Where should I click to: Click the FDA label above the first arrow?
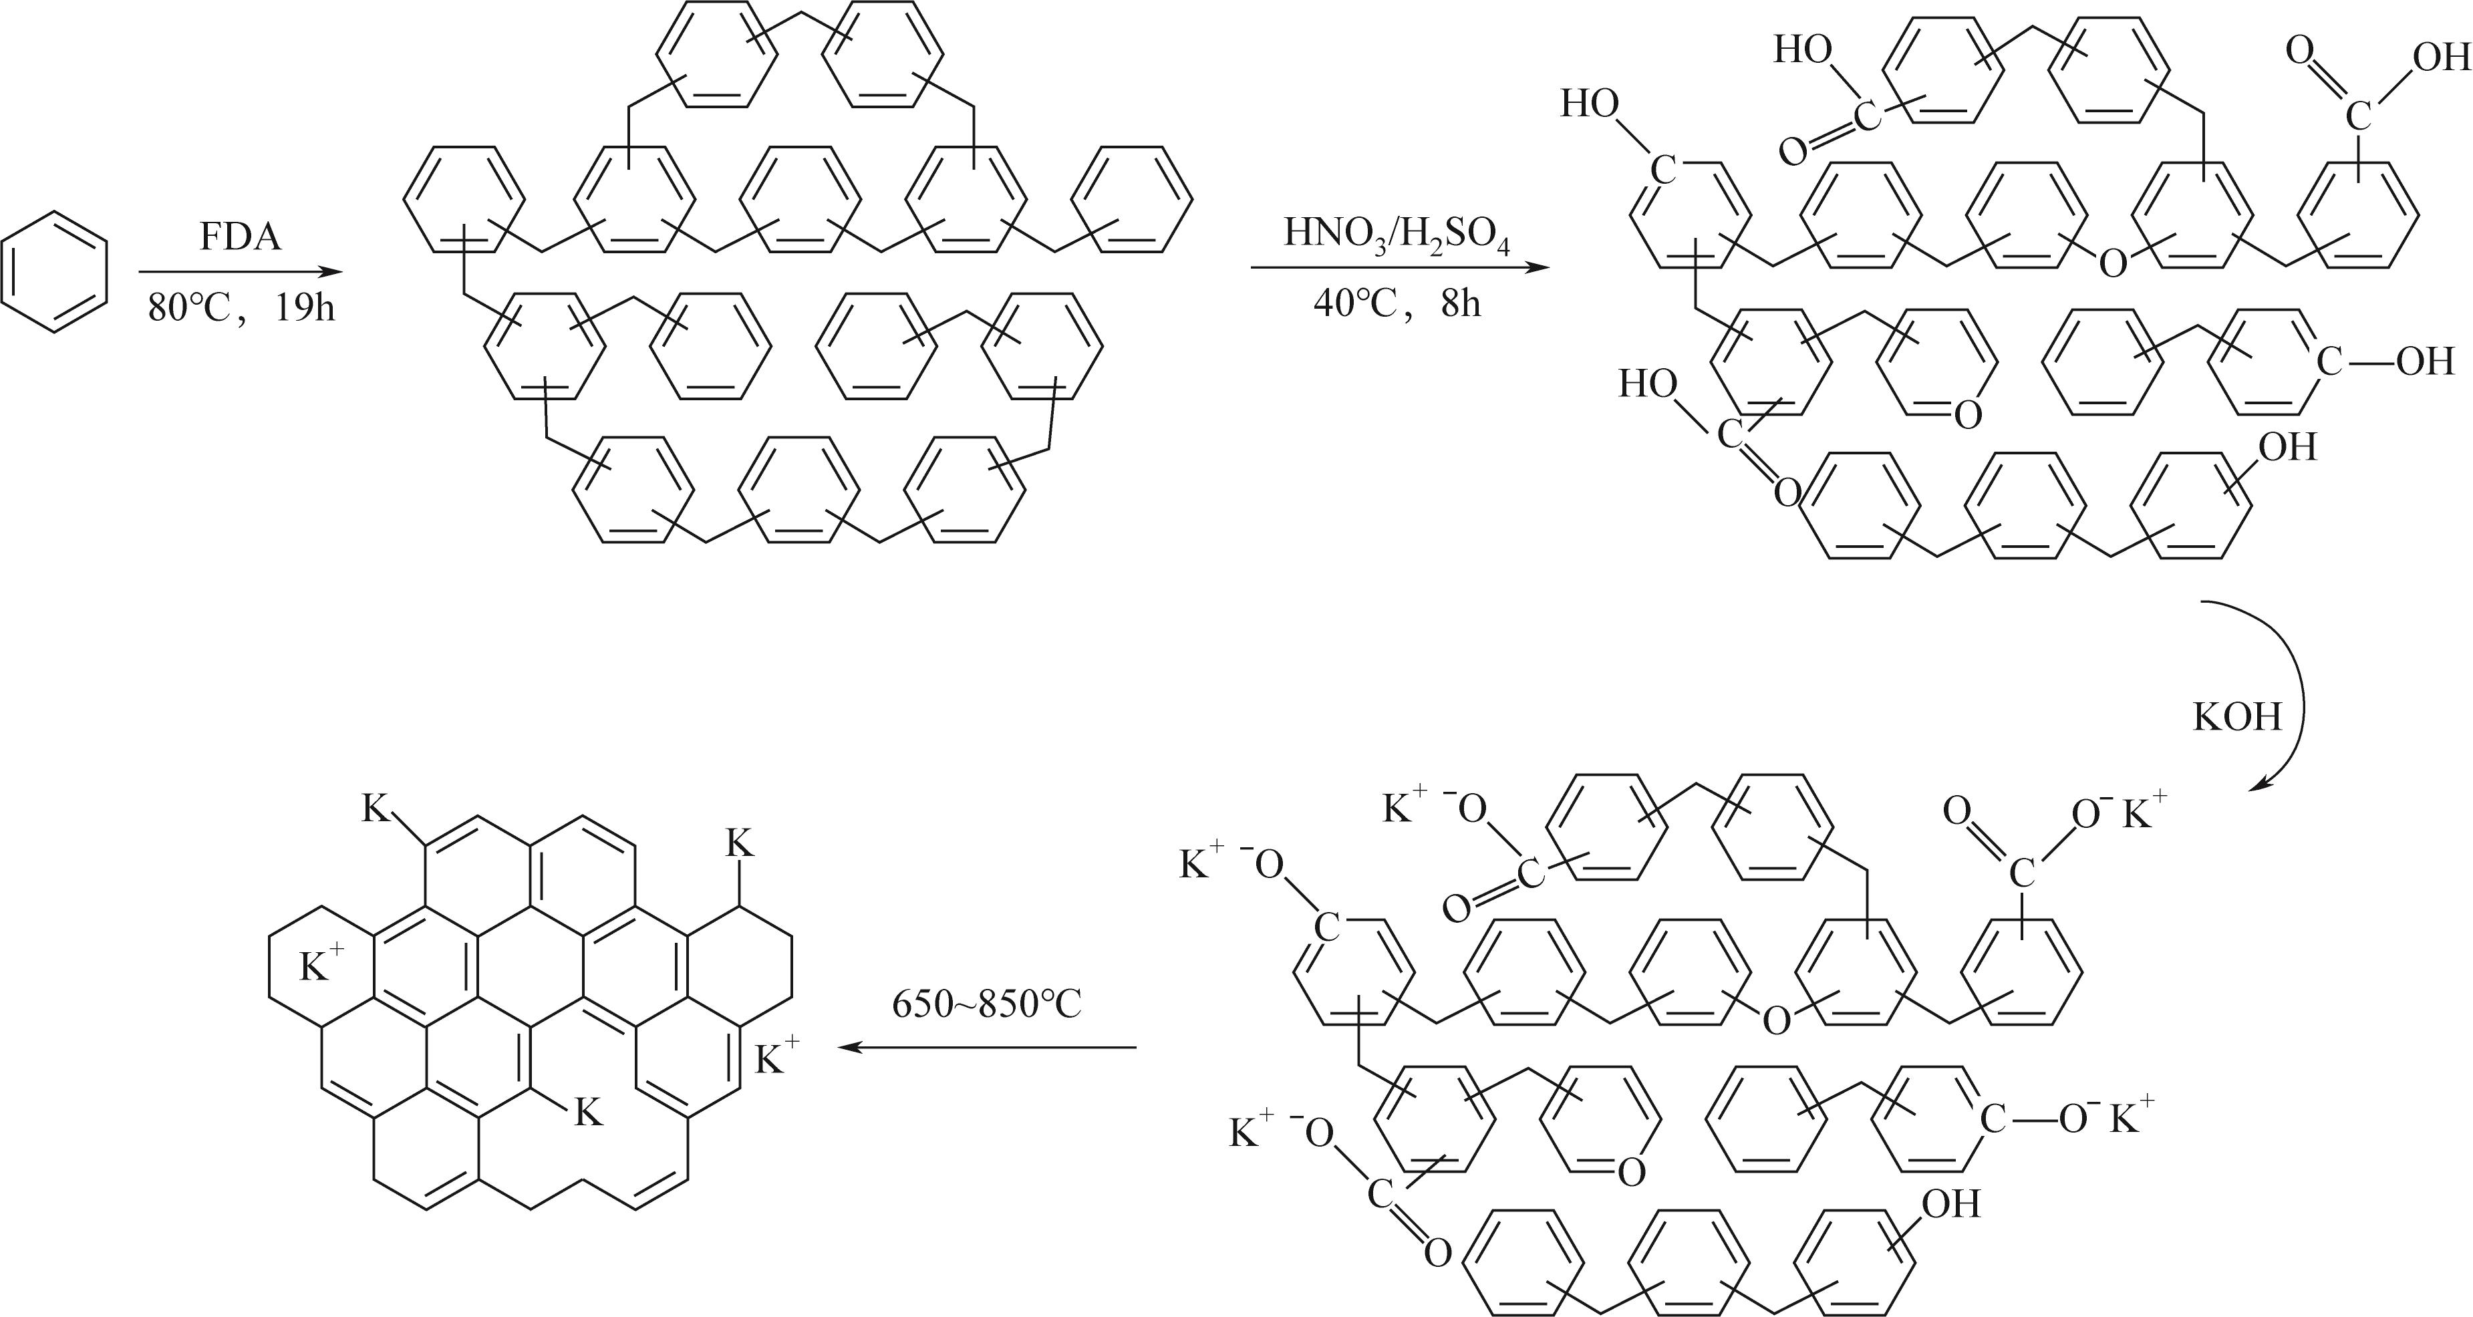click(240, 236)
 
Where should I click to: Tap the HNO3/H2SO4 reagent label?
click(1397, 235)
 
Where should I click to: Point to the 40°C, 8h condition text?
click(1397, 303)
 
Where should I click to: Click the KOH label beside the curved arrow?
click(2237, 716)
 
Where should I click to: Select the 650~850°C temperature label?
click(986, 1004)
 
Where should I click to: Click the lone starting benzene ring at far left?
click(55, 273)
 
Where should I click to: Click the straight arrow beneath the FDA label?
click(240, 272)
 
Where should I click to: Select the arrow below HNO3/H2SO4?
click(1400, 268)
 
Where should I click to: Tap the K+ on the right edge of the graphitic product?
click(776, 1058)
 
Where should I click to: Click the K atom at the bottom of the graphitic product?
click(587, 1113)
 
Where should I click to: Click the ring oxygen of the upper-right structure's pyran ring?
click(1967, 416)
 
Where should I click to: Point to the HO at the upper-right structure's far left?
click(1590, 104)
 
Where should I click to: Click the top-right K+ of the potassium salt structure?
click(2144, 812)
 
